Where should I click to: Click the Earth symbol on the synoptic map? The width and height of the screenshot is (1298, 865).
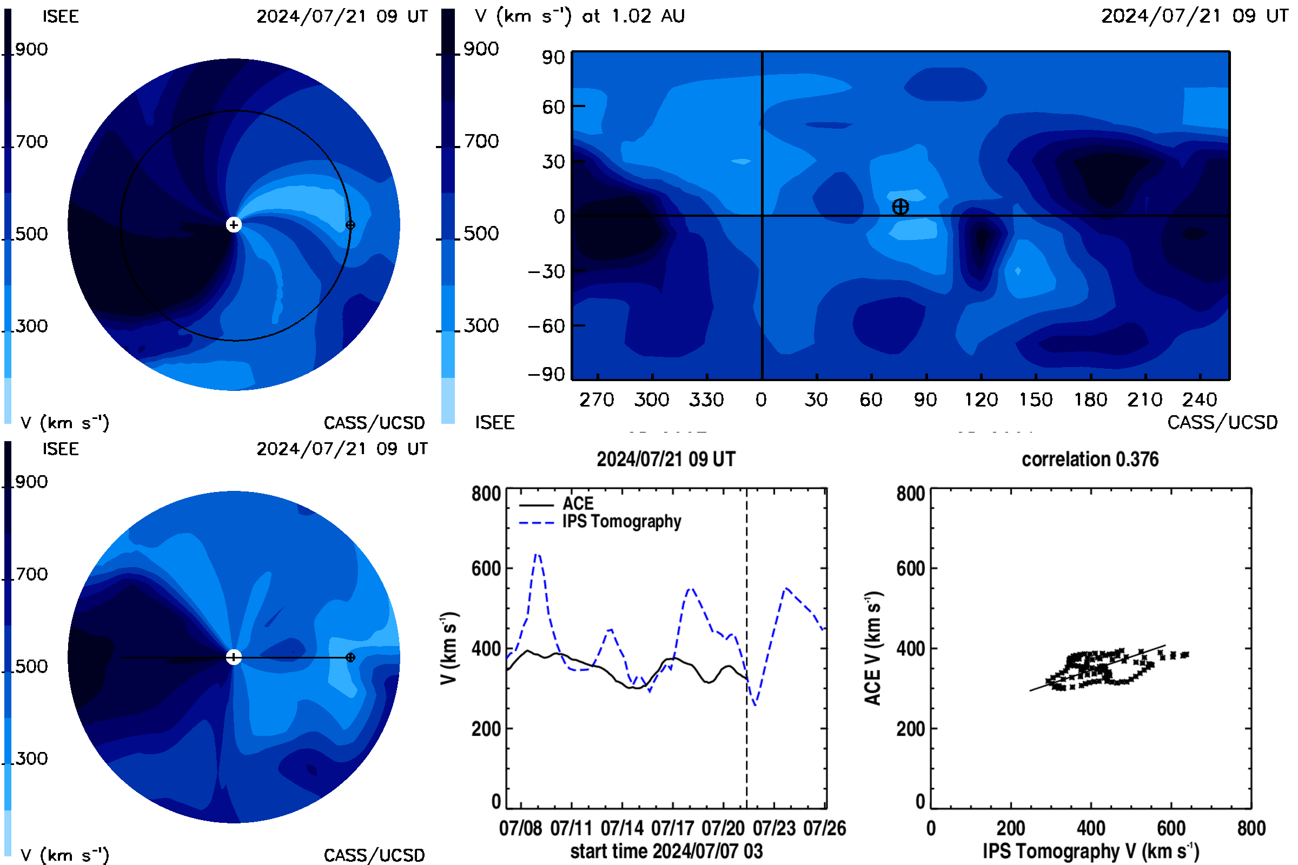[900, 207]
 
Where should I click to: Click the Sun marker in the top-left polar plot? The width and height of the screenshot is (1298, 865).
[234, 224]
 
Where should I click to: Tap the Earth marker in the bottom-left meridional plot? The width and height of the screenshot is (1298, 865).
[350, 657]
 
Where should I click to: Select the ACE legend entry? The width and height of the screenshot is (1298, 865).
[557, 504]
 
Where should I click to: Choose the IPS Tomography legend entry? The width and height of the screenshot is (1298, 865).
[600, 522]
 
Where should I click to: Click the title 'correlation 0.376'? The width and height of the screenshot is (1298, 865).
[1090, 459]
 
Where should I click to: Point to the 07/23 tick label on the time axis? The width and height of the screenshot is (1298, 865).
[774, 828]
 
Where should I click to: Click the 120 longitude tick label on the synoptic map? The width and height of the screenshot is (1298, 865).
[981, 400]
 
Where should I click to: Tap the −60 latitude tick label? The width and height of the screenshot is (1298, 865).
[546, 326]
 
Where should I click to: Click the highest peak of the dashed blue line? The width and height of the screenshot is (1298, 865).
[538, 554]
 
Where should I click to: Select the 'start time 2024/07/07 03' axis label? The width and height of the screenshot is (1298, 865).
[666, 851]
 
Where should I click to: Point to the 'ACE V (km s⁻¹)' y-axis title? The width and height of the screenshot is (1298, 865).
[873, 648]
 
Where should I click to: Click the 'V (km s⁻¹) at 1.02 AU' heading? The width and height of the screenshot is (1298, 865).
[579, 16]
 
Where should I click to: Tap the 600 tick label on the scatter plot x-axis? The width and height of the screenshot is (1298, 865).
[1171, 828]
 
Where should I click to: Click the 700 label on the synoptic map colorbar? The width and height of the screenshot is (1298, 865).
[481, 141]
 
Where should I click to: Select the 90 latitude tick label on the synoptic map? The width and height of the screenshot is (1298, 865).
[553, 57]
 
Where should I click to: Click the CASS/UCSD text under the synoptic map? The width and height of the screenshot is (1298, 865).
[1222, 422]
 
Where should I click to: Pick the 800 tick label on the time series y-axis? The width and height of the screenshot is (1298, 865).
[486, 493]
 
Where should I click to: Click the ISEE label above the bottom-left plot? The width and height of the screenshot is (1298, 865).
[61, 449]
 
